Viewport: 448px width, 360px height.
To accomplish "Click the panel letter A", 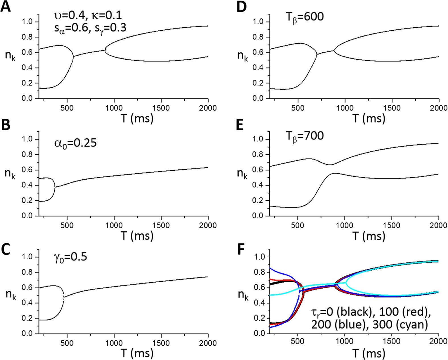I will pyautogui.click(x=6, y=6).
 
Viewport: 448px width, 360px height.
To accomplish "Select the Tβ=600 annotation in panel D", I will pyautogui.click(x=304, y=17).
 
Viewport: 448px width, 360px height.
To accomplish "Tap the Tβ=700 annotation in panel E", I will pyautogui.click(x=304, y=136).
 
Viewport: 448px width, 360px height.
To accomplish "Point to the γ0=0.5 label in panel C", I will pyautogui.click(x=70, y=257).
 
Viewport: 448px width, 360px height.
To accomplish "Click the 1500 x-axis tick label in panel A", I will pyautogui.click(x=161, y=108).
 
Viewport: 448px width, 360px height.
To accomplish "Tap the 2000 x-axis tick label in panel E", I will pyautogui.click(x=439, y=225).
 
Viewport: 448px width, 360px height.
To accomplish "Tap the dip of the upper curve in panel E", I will pyautogui.click(x=330, y=164).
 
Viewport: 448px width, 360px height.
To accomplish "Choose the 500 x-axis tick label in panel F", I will pyautogui.click(x=298, y=341).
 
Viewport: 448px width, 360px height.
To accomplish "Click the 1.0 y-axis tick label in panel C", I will pyautogui.click(x=28, y=257).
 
